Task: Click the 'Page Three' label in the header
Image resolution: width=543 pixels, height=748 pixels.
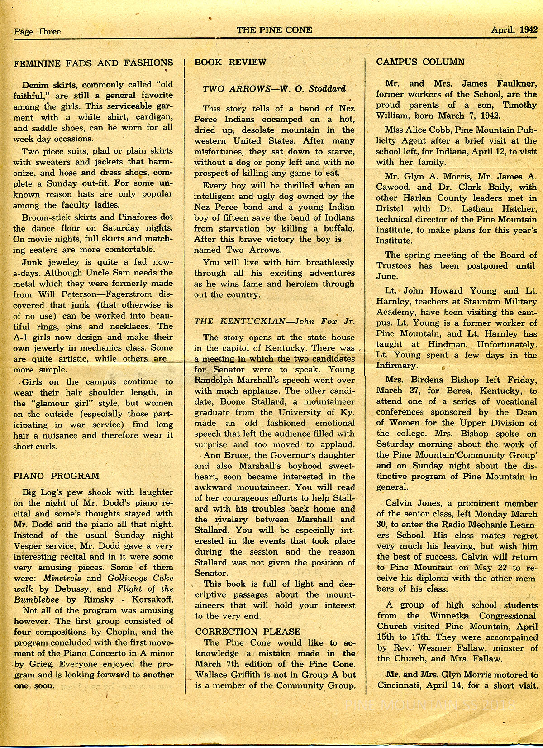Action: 37,31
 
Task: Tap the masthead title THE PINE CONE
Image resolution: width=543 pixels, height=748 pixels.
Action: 274,30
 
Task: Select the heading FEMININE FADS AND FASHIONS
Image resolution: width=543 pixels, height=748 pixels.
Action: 94,63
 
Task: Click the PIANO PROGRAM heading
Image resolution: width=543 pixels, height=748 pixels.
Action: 57,476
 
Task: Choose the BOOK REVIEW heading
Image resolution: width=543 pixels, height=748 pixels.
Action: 230,62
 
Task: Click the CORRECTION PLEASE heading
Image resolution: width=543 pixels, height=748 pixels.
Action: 248,632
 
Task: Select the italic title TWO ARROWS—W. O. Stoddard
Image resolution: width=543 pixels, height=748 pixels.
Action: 274,89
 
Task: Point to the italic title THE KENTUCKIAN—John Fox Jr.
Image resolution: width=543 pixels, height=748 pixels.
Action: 274,322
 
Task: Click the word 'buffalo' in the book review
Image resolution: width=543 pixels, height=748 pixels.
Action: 336,228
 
